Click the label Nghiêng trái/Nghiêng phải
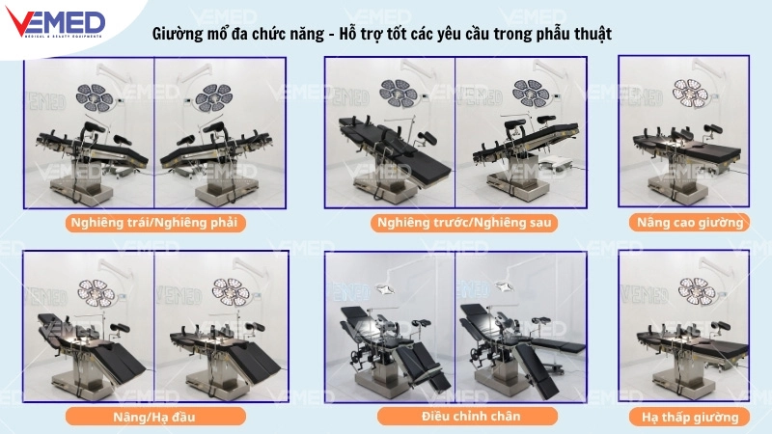coord(154,222)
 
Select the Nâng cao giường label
coord(688,222)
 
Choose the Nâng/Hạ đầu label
coord(155,417)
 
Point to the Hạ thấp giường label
coord(688,417)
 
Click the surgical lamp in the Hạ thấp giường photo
coord(696,287)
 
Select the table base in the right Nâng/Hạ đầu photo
coord(221,371)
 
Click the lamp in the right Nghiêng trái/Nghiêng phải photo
coord(212,97)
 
